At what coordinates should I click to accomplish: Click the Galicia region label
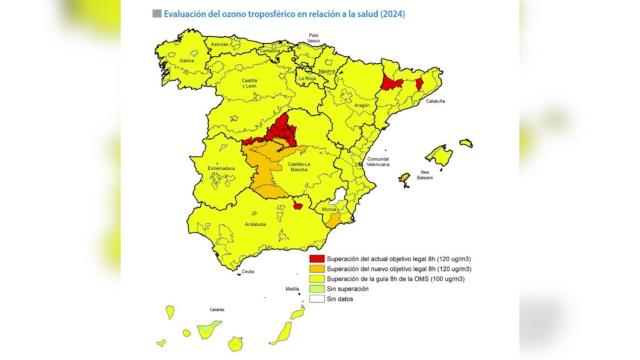(186, 60)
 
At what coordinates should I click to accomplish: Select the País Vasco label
(319, 37)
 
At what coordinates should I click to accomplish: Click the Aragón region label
(362, 105)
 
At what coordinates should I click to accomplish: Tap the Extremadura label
(221, 168)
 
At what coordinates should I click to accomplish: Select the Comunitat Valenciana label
(377, 162)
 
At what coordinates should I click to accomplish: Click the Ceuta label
(248, 272)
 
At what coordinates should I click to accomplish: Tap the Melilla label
(292, 288)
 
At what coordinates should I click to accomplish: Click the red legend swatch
(318, 259)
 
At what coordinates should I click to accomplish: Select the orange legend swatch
(318, 269)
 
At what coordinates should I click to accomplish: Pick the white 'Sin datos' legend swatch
(318, 298)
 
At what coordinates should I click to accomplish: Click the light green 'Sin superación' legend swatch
(318, 288)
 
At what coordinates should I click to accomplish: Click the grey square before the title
(156, 14)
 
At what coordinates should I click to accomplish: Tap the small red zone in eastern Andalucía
(298, 206)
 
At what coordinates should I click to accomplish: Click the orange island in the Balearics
(404, 179)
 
